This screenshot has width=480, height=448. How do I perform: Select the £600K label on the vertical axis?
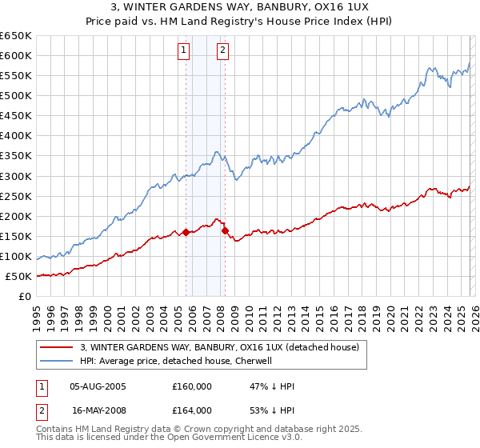[x=16, y=55]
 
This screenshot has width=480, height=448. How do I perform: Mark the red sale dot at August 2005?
[x=186, y=233]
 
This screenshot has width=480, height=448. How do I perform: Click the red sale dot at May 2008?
[x=225, y=230]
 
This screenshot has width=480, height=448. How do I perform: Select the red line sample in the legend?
[x=57, y=347]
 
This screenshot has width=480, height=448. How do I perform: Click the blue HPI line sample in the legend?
[x=57, y=361]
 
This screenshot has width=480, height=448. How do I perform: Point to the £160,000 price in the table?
[x=192, y=386]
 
